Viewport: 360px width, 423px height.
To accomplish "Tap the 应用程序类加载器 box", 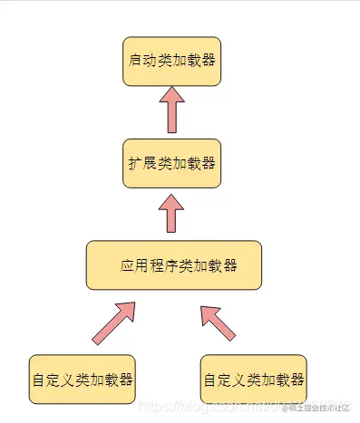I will pyautogui.click(x=173, y=265).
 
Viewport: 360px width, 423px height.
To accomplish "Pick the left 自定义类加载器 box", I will pyautogui.click(x=82, y=379).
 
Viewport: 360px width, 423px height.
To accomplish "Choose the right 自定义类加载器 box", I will pyautogui.click(x=253, y=379).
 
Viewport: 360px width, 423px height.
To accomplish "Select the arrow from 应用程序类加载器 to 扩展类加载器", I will pyautogui.click(x=171, y=214).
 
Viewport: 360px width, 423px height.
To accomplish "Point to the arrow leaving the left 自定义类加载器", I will pyautogui.click(x=113, y=322).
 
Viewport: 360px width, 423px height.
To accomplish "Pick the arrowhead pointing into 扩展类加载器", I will pyautogui.click(x=171, y=198).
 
